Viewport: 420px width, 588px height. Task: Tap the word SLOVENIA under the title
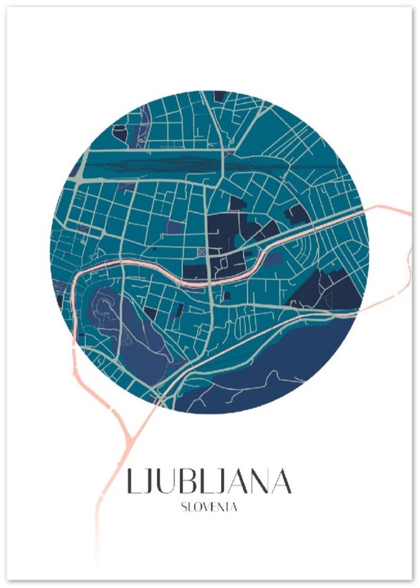(x=208, y=507)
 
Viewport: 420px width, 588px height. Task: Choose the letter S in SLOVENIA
(x=184, y=507)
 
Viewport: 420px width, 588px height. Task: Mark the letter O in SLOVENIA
(x=197, y=507)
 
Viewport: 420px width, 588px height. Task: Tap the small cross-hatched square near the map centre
(x=202, y=252)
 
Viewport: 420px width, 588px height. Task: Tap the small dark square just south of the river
(x=228, y=295)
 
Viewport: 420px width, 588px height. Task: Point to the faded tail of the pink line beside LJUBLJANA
(x=98, y=534)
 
